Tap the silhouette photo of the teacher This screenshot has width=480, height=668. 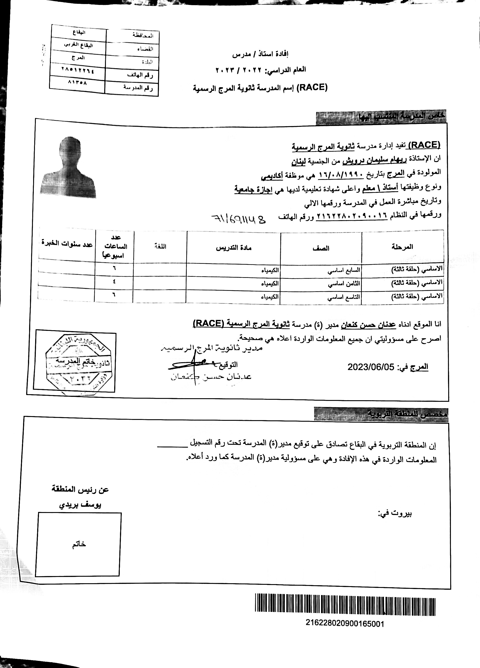[71, 168]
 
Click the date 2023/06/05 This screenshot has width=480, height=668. [371, 367]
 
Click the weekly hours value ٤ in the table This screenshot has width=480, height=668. [114, 282]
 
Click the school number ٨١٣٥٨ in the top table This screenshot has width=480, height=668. [77, 83]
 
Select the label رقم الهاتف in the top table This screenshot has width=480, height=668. [140, 75]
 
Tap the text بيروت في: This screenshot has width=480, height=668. [395, 514]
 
